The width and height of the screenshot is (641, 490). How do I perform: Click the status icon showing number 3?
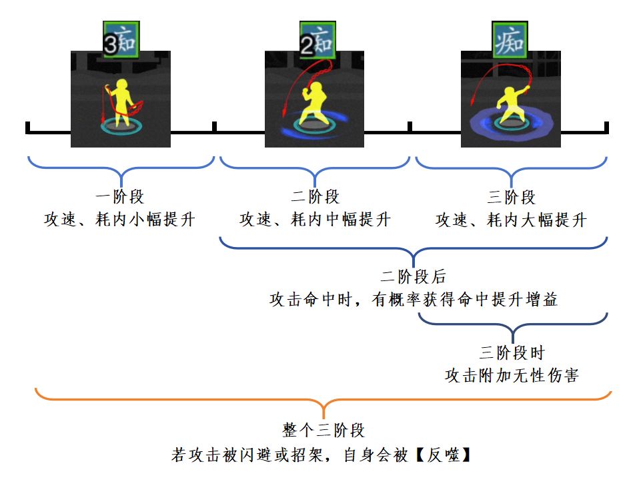[121, 41]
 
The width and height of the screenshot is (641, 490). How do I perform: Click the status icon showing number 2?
[316, 41]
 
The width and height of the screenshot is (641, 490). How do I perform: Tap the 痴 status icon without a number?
[510, 41]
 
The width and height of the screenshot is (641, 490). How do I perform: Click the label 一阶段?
[120, 198]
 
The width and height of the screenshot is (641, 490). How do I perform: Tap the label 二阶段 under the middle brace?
[315, 198]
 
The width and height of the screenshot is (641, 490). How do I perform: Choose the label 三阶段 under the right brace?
[512, 198]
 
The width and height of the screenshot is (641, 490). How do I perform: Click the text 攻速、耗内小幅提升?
[120, 220]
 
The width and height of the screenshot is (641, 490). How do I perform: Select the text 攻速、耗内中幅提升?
[315, 220]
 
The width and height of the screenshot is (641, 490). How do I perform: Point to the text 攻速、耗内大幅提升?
[512, 220]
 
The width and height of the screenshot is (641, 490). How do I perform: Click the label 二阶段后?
[413, 277]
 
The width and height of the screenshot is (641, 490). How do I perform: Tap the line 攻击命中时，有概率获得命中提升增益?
[413, 300]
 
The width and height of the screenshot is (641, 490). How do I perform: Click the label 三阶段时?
[512, 353]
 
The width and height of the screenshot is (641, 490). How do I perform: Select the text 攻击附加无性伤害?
[512, 375]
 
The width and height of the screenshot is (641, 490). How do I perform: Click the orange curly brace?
[324, 401]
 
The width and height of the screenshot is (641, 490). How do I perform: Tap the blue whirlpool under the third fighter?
[478, 126]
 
